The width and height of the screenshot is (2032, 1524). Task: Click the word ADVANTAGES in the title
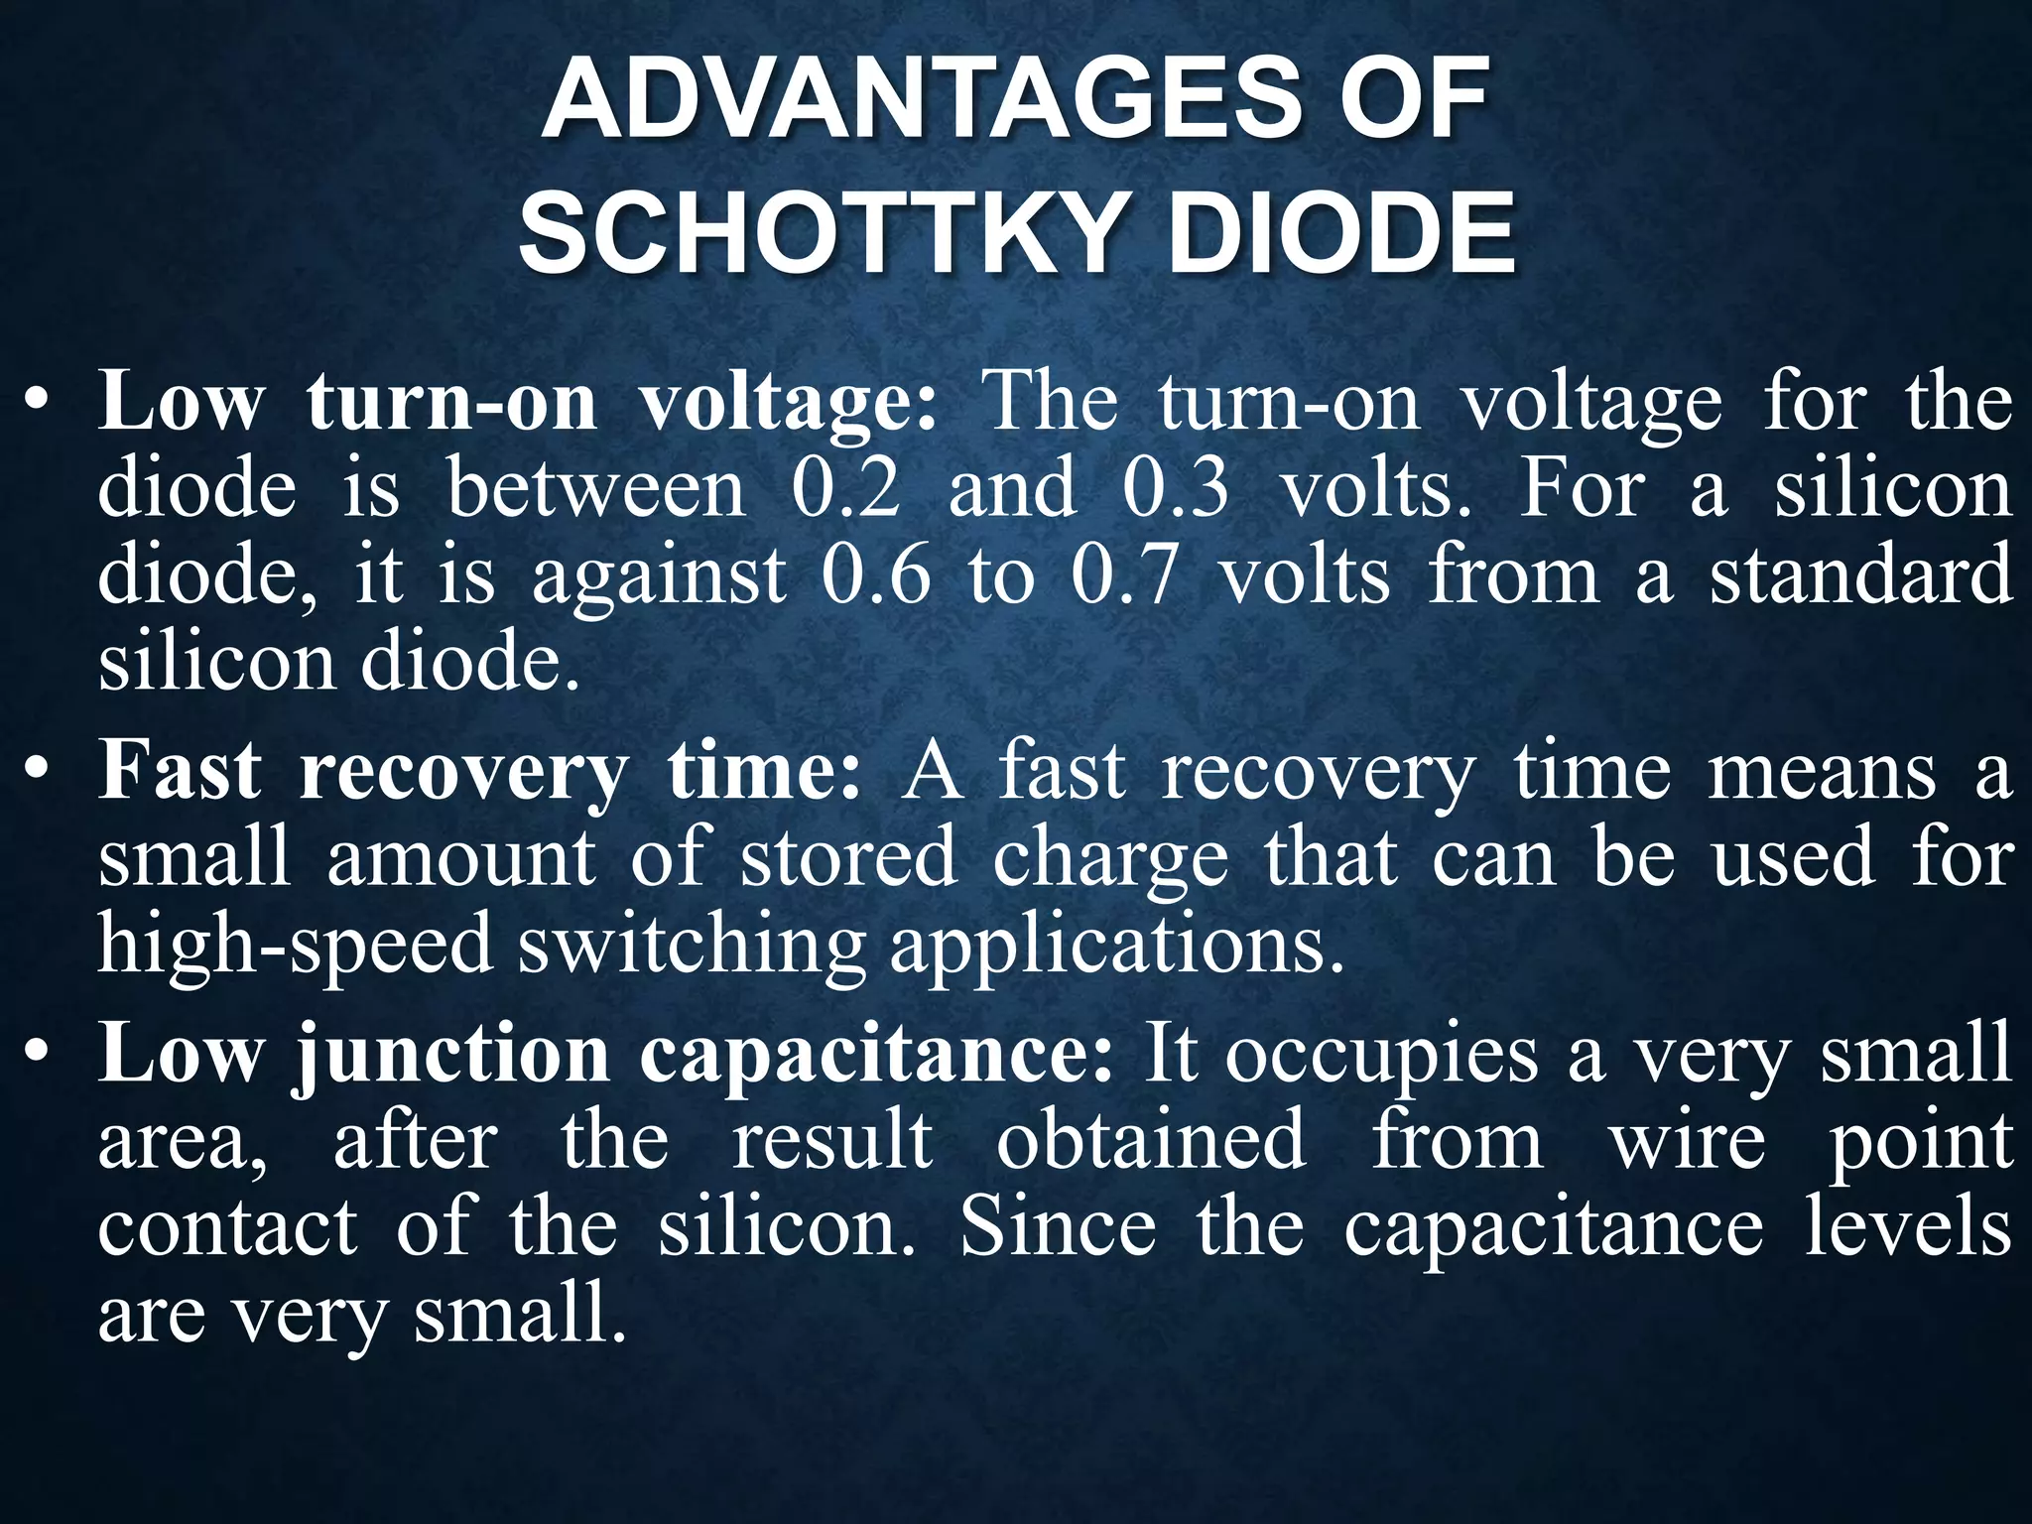pyautogui.click(x=898, y=99)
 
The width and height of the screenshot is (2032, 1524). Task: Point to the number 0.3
pyautogui.click(x=1176, y=489)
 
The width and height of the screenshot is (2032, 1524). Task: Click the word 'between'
pyautogui.click(x=595, y=489)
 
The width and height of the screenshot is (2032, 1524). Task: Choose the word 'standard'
pyautogui.click(x=1860, y=576)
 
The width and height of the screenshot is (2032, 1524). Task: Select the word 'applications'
pyautogui.click(x=1117, y=946)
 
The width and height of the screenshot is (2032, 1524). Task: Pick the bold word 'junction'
pyautogui.click(x=451, y=1057)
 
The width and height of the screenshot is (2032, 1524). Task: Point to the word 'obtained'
pyautogui.click(x=1151, y=1140)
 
